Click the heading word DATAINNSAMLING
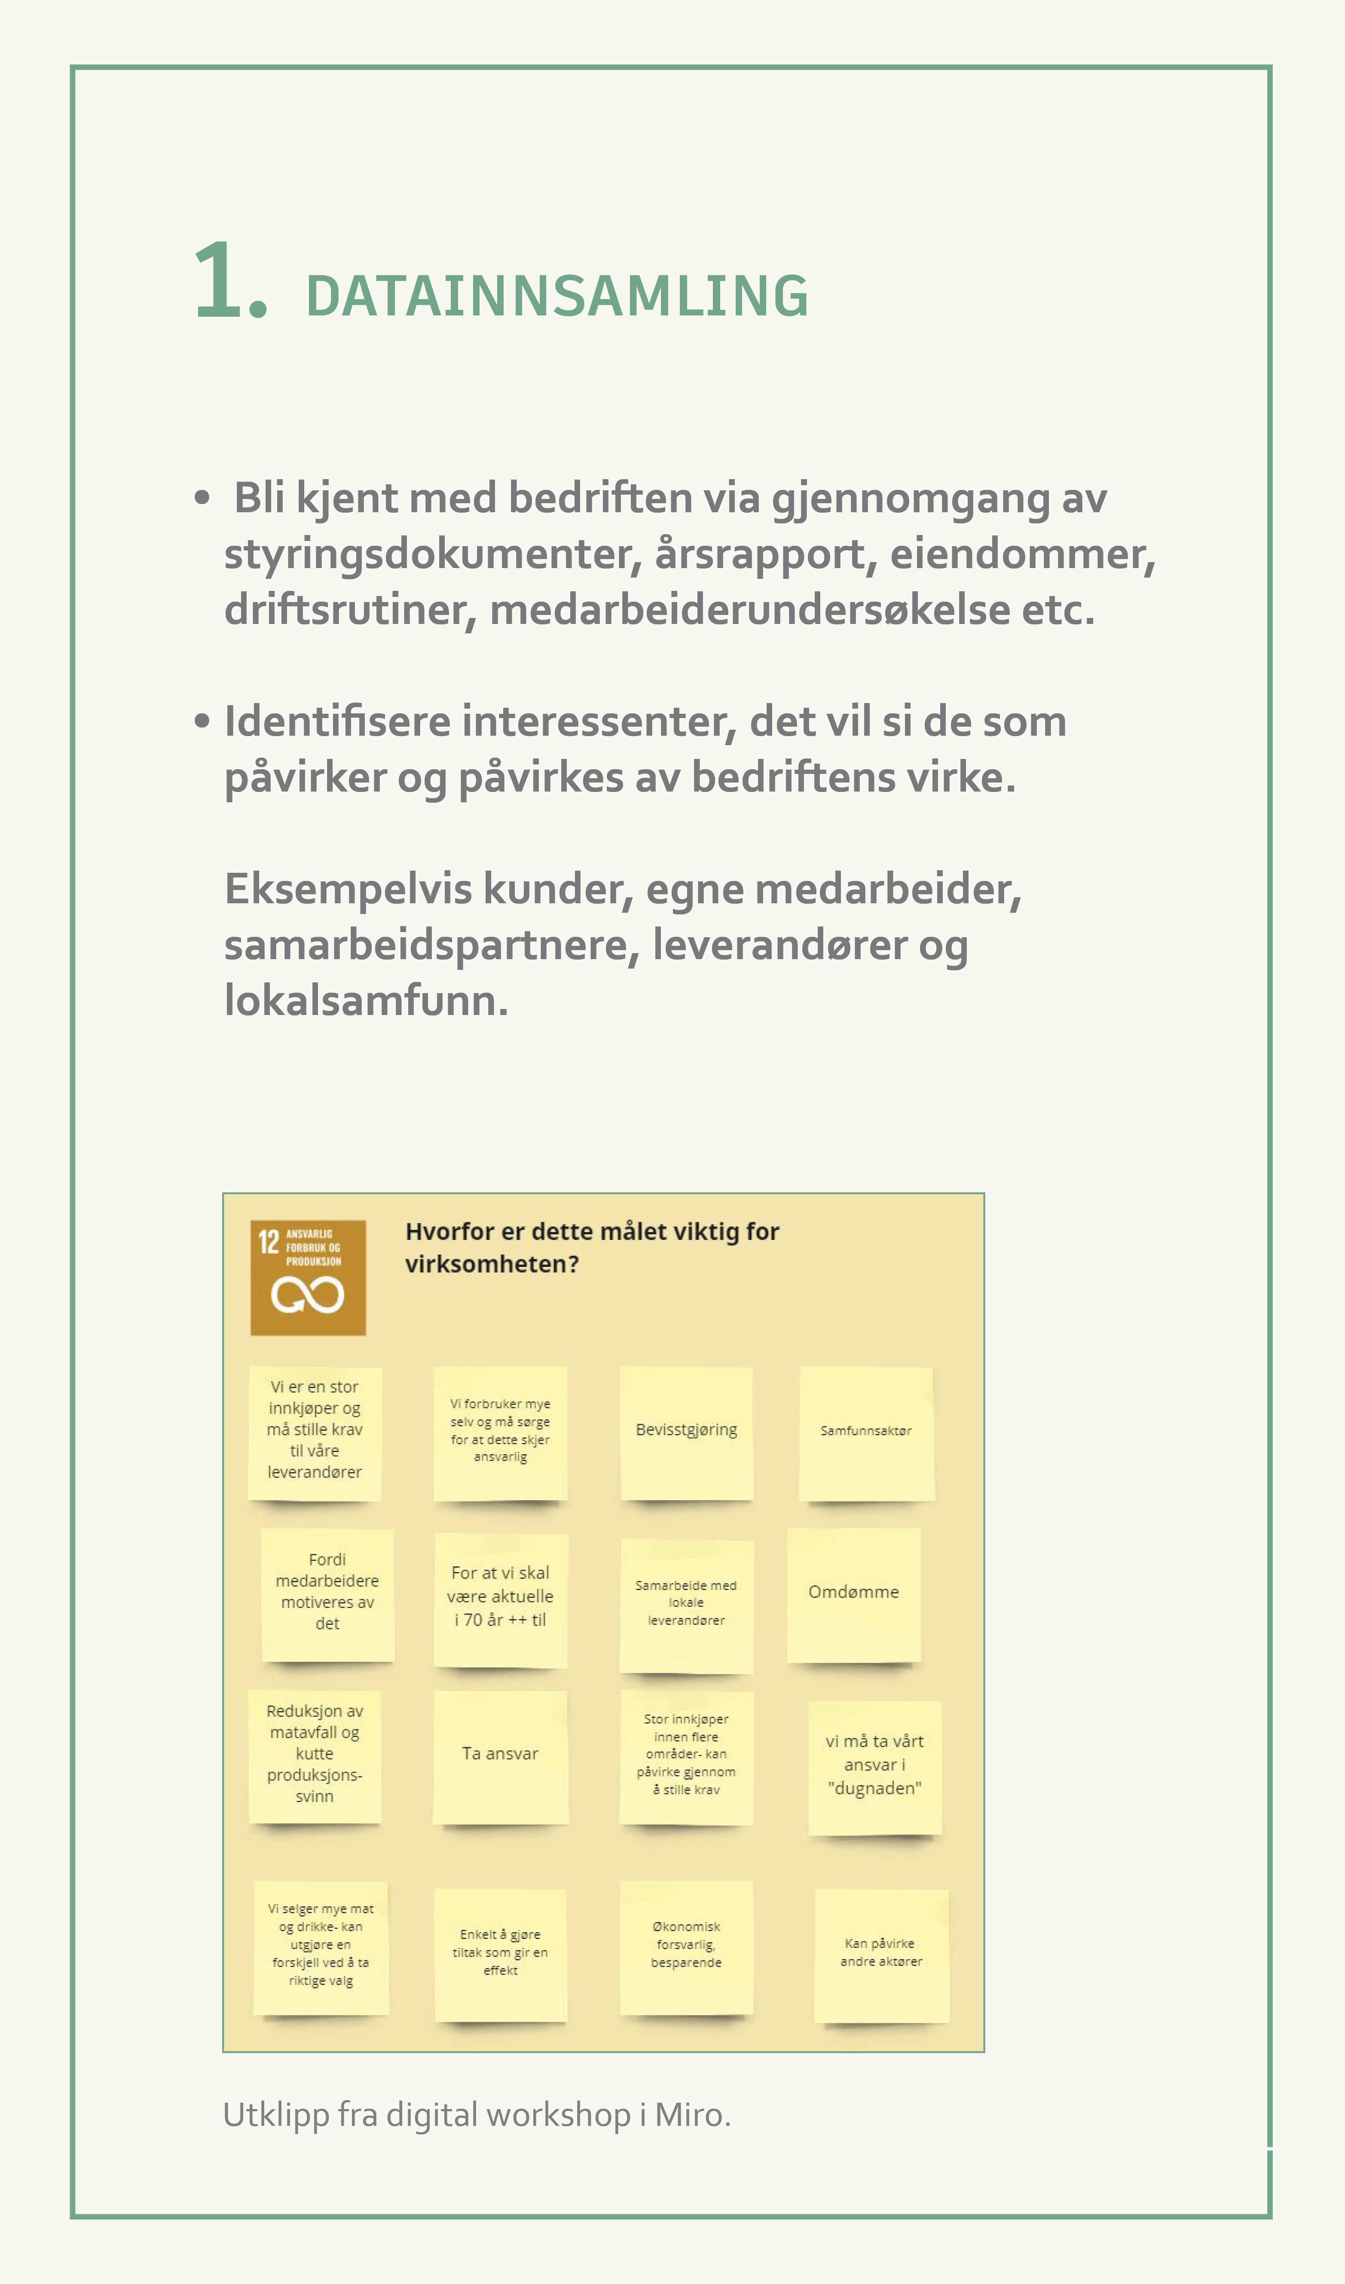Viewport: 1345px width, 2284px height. [556, 297]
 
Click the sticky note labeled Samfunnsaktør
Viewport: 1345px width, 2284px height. [865, 1432]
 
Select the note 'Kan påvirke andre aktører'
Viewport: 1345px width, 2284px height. [881, 1955]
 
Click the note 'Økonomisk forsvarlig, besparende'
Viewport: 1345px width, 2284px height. [686, 1947]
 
